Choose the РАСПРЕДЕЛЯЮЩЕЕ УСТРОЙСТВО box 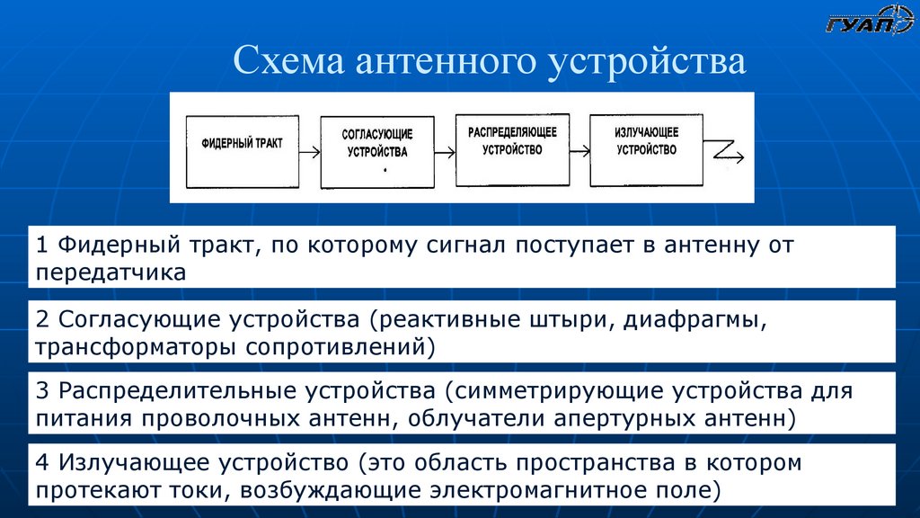pyautogui.click(x=511, y=148)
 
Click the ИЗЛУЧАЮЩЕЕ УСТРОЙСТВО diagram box pyautogui.click(x=646, y=148)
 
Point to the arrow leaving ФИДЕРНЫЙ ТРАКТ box pyautogui.click(x=308, y=153)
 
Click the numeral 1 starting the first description pyautogui.click(x=42, y=245)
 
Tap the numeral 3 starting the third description pyautogui.click(x=42, y=392)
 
